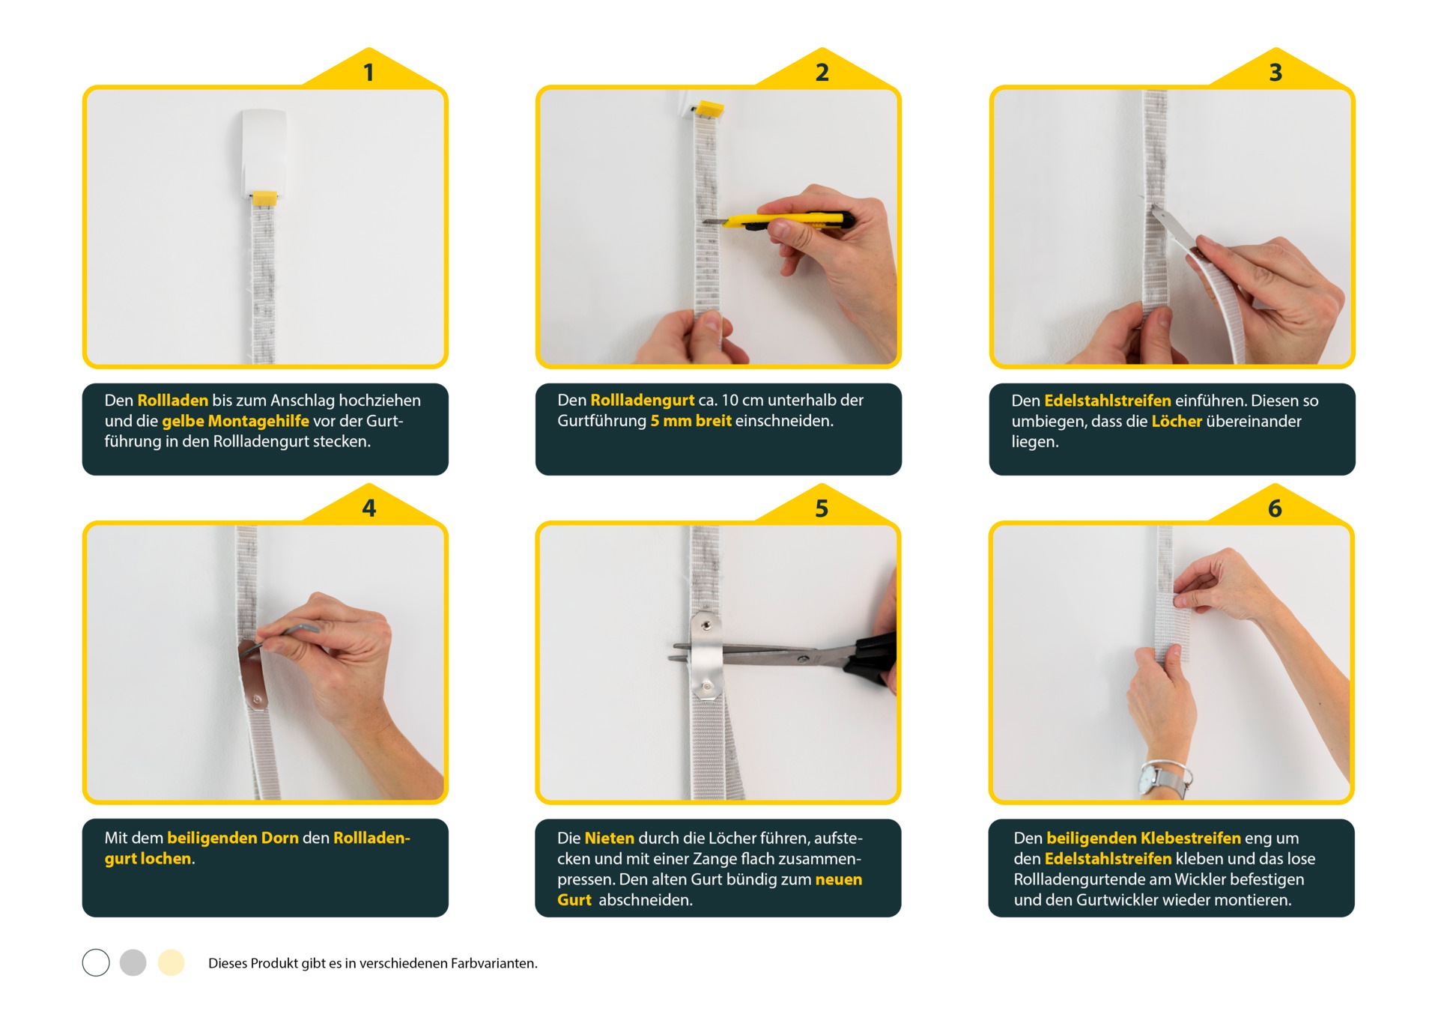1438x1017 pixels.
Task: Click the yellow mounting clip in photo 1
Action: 264,198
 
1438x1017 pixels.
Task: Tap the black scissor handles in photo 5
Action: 873,659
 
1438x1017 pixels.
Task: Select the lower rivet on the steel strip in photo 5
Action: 706,686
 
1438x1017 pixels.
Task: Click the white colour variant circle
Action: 96,963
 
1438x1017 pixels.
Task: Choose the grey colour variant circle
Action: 133,963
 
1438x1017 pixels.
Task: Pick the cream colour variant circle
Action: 171,963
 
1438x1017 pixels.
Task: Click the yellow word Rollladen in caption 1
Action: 173,401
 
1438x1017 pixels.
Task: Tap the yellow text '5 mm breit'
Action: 691,421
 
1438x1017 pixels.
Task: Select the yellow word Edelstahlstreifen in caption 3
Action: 1108,401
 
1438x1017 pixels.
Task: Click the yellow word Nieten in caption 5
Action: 609,838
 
